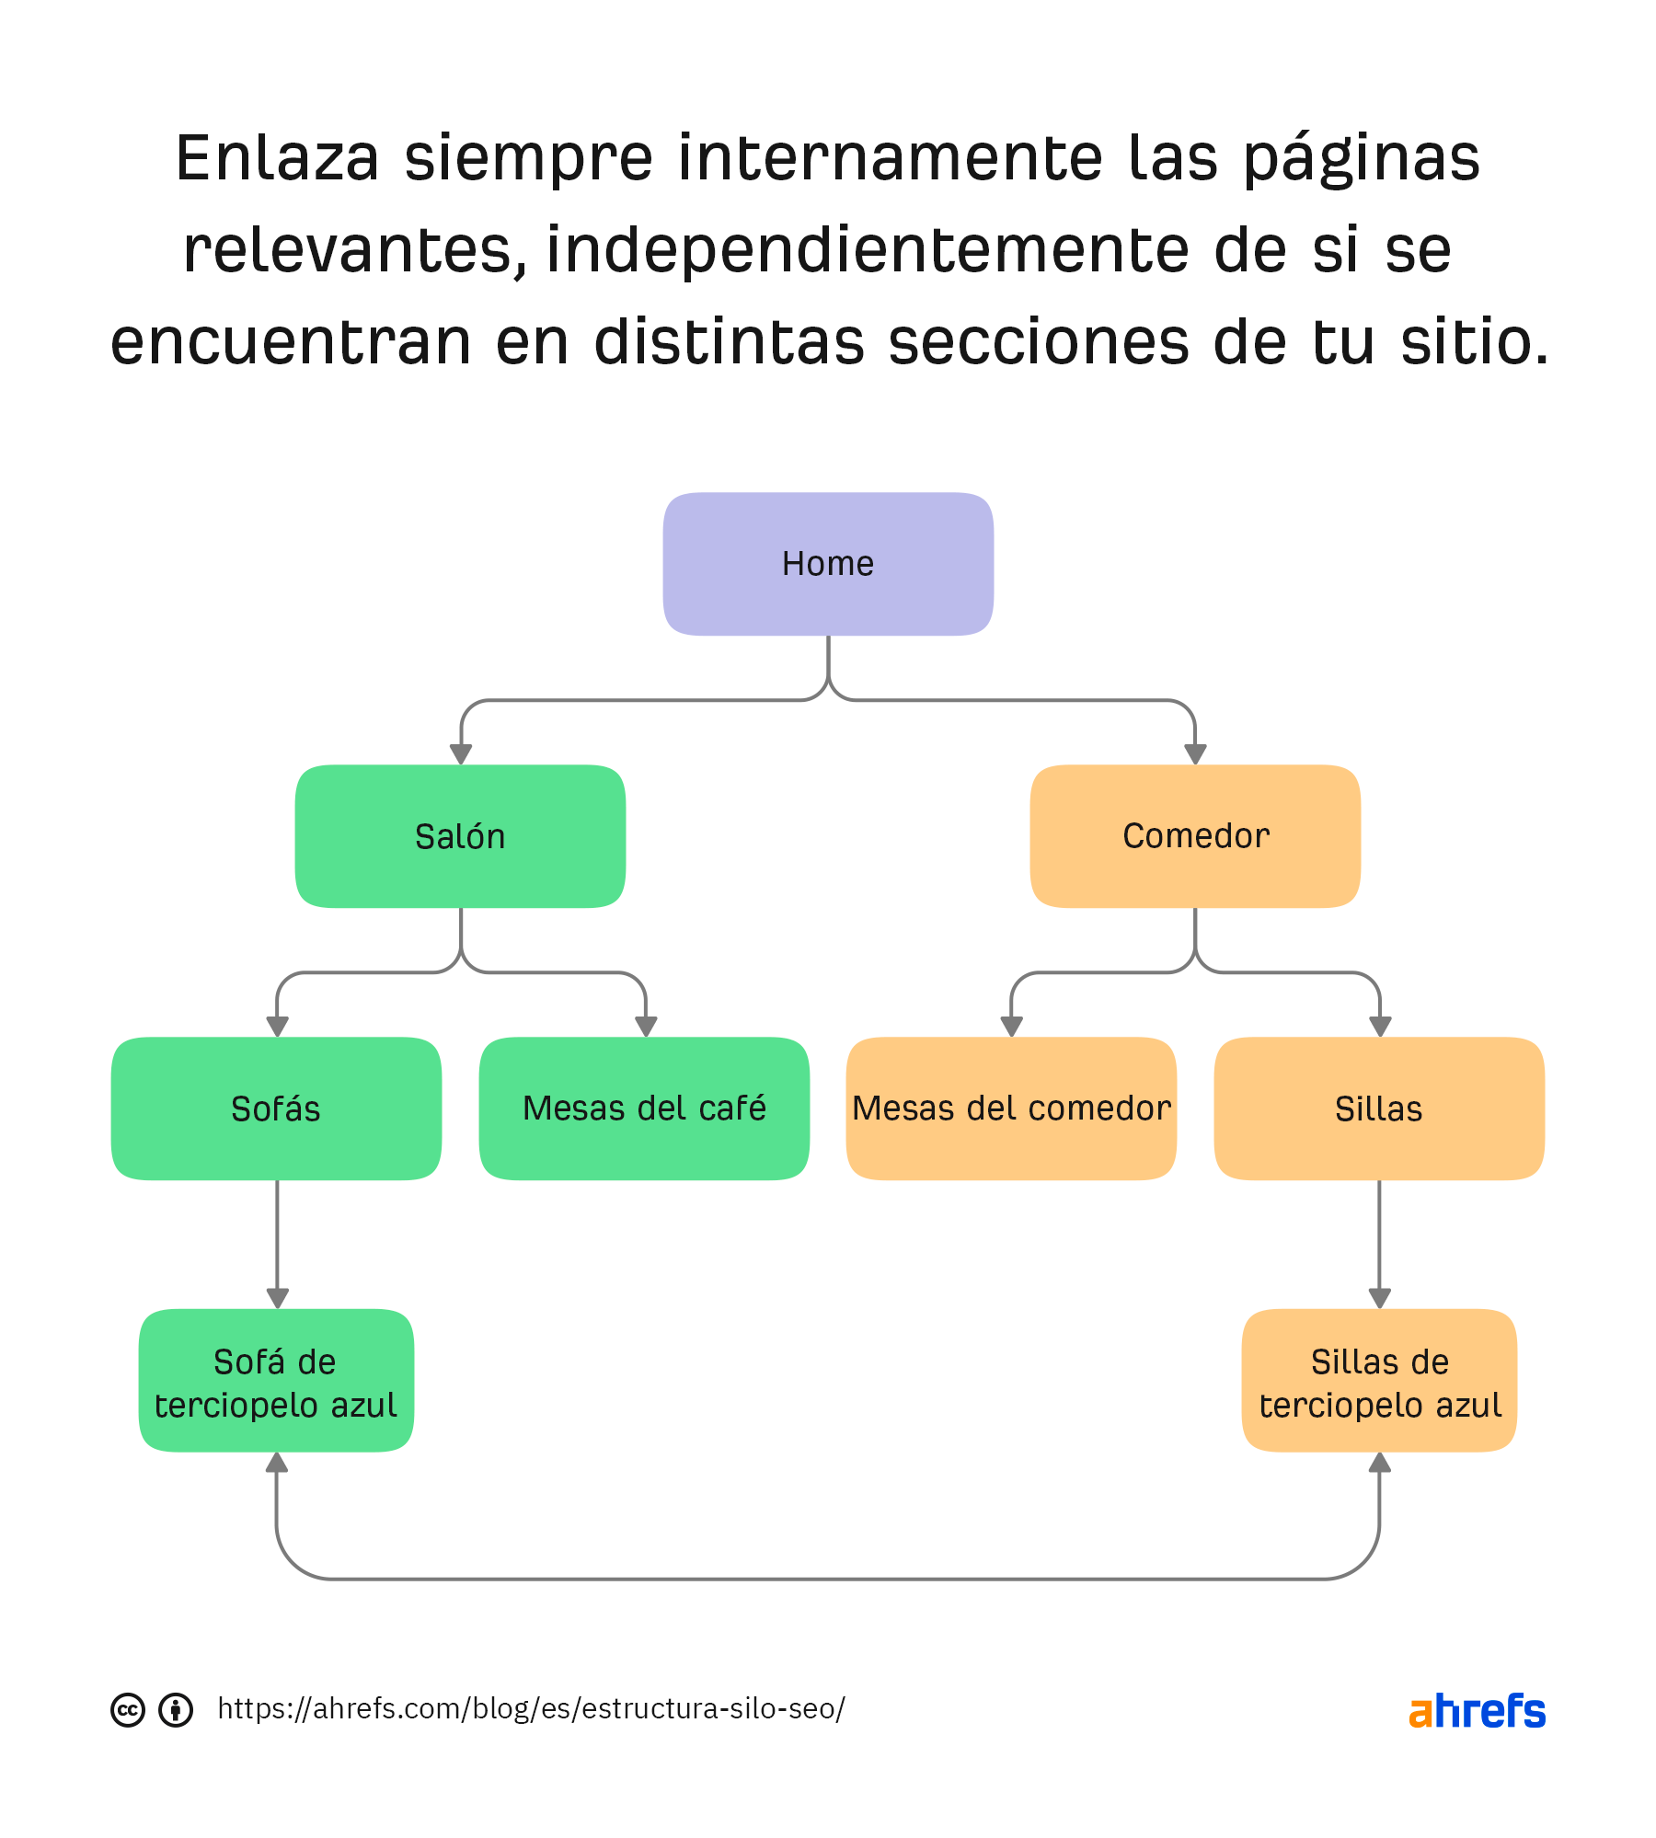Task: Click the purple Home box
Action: click(x=828, y=564)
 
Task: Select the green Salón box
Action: click(x=460, y=836)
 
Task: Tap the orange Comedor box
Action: click(x=1195, y=836)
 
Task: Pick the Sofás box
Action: click(x=276, y=1109)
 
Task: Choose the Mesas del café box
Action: click(x=644, y=1109)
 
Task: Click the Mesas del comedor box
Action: click(x=1011, y=1109)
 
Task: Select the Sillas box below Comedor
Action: click(x=1379, y=1109)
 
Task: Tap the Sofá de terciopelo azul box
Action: click(x=276, y=1381)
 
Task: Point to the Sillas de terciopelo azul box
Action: click(x=1379, y=1381)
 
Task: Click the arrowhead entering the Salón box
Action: click(x=461, y=754)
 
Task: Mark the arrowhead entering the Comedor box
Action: click(x=1195, y=754)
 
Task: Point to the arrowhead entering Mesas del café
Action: click(x=646, y=1027)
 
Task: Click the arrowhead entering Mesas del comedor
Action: click(x=1012, y=1027)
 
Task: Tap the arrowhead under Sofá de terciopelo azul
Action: click(x=277, y=1463)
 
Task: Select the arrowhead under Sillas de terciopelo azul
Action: click(x=1379, y=1463)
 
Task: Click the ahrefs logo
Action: click(x=1477, y=1711)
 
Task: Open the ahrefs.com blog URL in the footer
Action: click(x=531, y=1709)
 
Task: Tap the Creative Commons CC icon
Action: click(x=128, y=1710)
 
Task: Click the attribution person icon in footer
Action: click(x=176, y=1710)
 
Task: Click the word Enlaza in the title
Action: click(x=277, y=158)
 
